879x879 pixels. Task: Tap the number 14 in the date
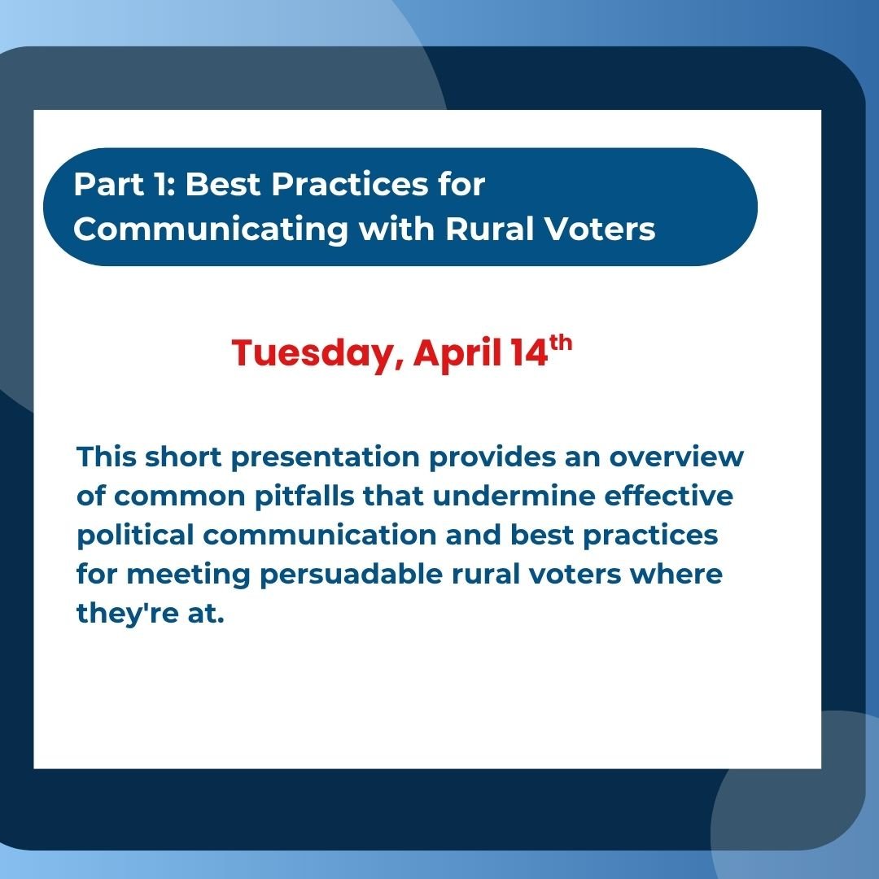coord(528,354)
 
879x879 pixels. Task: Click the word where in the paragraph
coord(681,575)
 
